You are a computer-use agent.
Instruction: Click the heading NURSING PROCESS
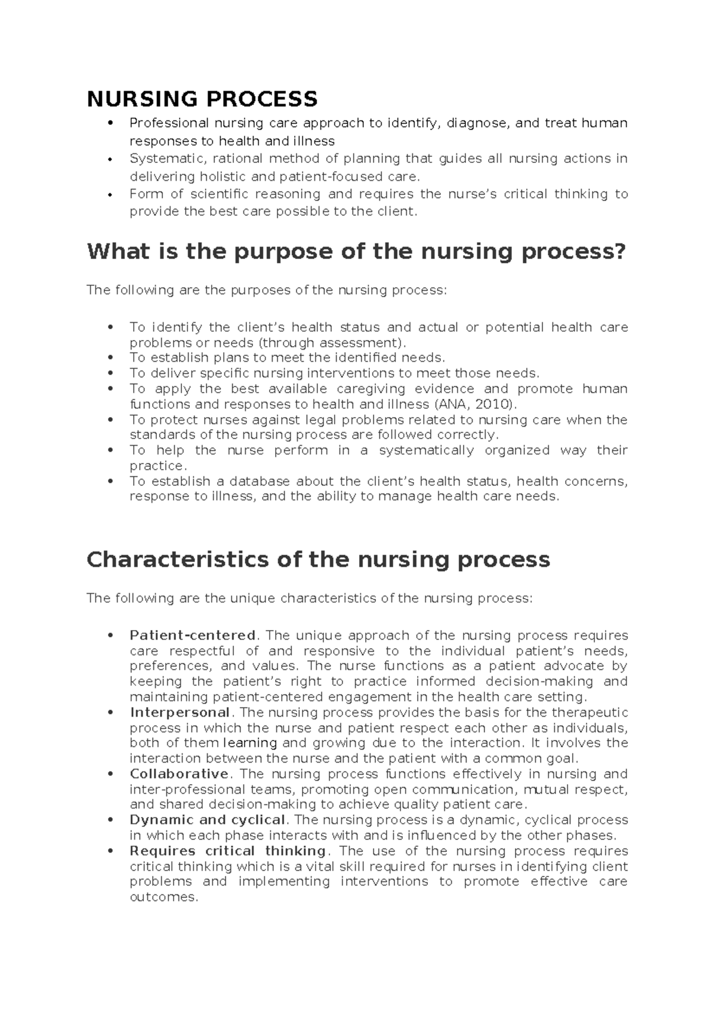coord(202,98)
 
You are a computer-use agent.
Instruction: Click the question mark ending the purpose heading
coord(620,252)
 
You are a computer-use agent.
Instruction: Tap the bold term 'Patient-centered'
coord(193,635)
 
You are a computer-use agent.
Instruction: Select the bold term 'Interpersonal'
coord(180,712)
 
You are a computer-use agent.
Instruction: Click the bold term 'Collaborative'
coord(179,774)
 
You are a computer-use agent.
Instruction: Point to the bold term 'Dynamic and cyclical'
coord(207,820)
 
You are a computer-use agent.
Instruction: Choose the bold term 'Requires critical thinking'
coord(227,851)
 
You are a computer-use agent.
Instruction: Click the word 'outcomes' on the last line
coord(162,897)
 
